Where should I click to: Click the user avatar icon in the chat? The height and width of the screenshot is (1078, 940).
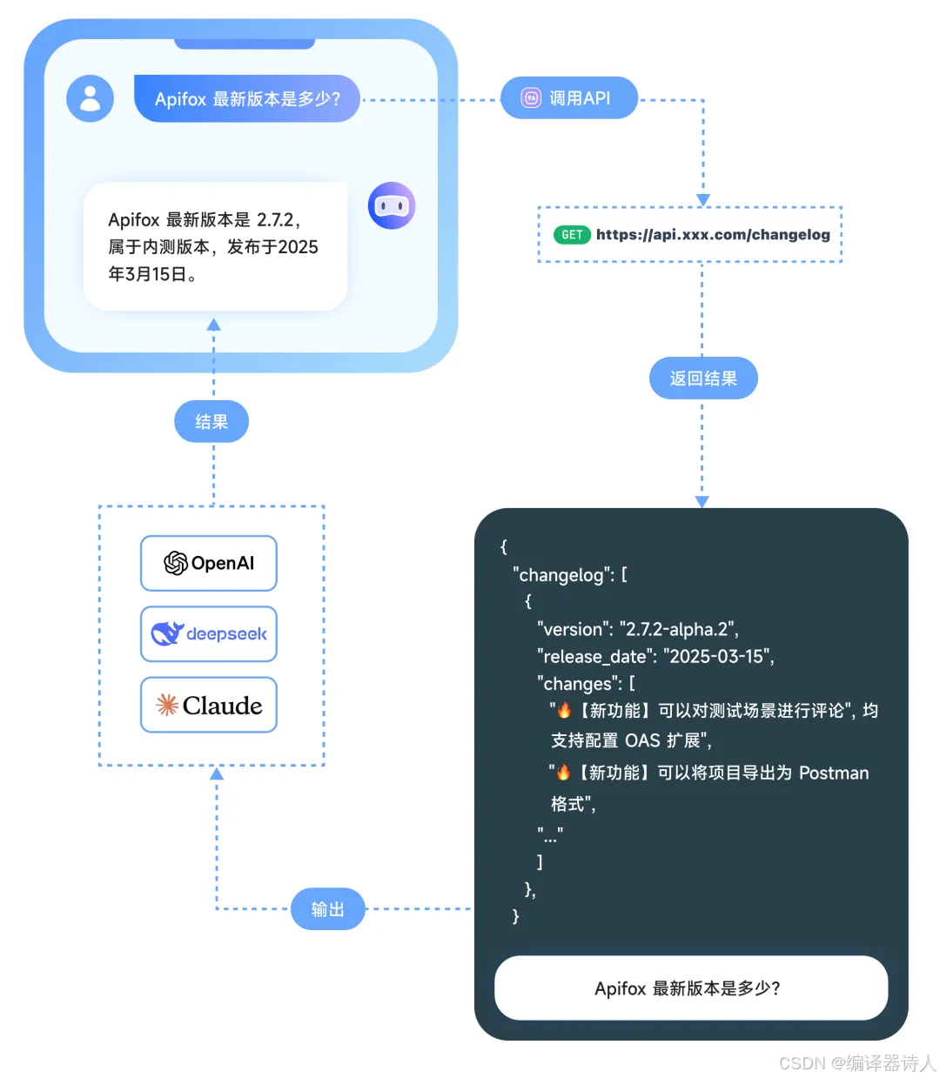pos(91,98)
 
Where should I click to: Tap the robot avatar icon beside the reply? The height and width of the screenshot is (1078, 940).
pos(392,205)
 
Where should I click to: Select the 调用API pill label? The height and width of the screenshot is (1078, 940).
pos(569,98)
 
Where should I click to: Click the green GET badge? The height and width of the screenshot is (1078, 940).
pos(572,235)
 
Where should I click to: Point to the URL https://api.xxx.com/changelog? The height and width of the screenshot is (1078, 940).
pos(713,235)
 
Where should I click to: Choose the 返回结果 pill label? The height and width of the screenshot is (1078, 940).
pos(703,378)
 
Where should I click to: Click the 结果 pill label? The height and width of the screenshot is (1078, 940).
pos(211,422)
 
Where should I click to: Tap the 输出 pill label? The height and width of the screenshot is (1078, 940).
pos(327,909)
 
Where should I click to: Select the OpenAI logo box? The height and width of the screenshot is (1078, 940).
pos(209,563)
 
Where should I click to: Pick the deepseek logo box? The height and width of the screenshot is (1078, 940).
pos(209,634)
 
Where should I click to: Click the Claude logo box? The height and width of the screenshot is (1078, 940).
pos(209,705)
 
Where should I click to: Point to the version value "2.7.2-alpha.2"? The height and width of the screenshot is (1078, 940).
pos(679,629)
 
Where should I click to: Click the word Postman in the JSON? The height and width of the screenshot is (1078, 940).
pos(834,773)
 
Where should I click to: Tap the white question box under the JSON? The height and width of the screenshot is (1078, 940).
pos(691,988)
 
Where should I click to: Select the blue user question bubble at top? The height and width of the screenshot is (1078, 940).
pos(247,98)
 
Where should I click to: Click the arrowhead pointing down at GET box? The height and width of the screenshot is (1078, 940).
pos(703,200)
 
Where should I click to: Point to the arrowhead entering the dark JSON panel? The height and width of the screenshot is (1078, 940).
pos(702,502)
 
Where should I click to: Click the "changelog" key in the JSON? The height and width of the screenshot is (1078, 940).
pos(561,574)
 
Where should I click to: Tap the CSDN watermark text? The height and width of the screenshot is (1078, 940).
pos(856,1063)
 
